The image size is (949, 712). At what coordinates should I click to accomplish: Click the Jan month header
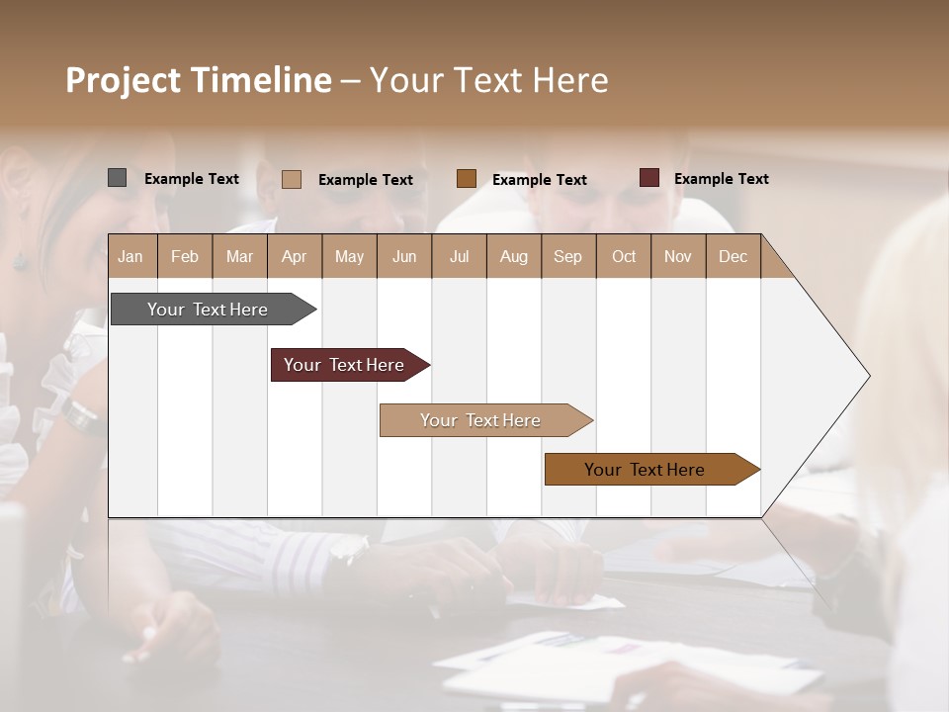[131, 256]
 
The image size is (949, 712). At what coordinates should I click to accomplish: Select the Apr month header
[295, 256]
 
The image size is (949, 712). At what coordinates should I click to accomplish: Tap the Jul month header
[460, 256]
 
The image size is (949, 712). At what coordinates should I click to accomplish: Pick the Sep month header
[568, 256]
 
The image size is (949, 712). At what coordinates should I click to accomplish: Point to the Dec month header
[733, 256]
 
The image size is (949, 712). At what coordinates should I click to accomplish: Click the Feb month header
[185, 256]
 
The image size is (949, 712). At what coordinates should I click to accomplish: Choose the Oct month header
[624, 256]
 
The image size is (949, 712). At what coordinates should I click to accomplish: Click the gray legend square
[118, 178]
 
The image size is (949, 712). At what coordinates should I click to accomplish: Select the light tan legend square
[292, 179]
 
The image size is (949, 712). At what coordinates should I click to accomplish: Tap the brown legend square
[467, 179]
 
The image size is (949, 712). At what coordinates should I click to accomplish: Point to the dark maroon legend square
[649, 178]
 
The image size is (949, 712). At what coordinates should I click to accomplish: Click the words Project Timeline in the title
[199, 80]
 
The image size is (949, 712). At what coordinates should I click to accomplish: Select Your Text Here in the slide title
[489, 80]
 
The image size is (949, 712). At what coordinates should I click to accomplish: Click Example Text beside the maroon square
[722, 179]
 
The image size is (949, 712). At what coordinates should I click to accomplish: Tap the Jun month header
[404, 256]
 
